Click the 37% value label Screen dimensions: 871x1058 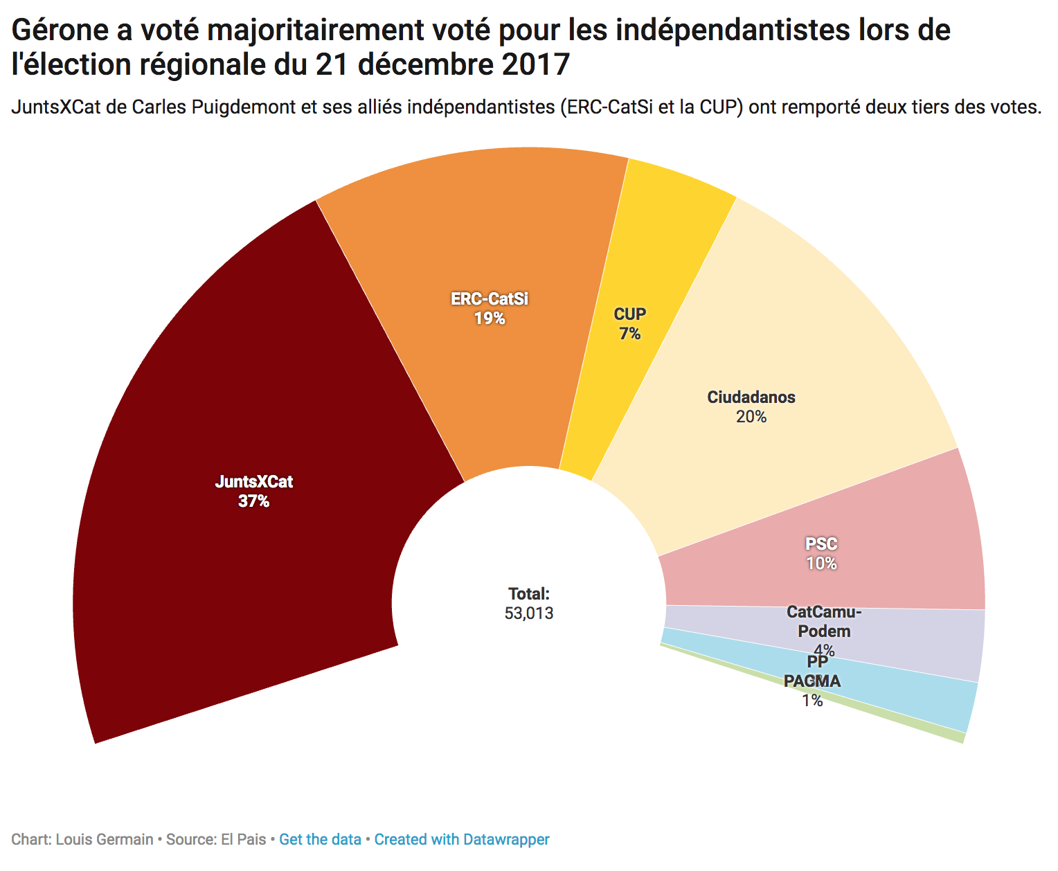253,501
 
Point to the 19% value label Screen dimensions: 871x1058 490,318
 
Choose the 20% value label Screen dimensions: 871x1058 751,417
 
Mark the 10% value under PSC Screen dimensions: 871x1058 821,564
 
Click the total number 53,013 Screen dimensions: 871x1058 529,613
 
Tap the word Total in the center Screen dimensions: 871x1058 528,593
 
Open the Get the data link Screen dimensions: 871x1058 320,840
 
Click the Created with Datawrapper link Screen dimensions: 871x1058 462,840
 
